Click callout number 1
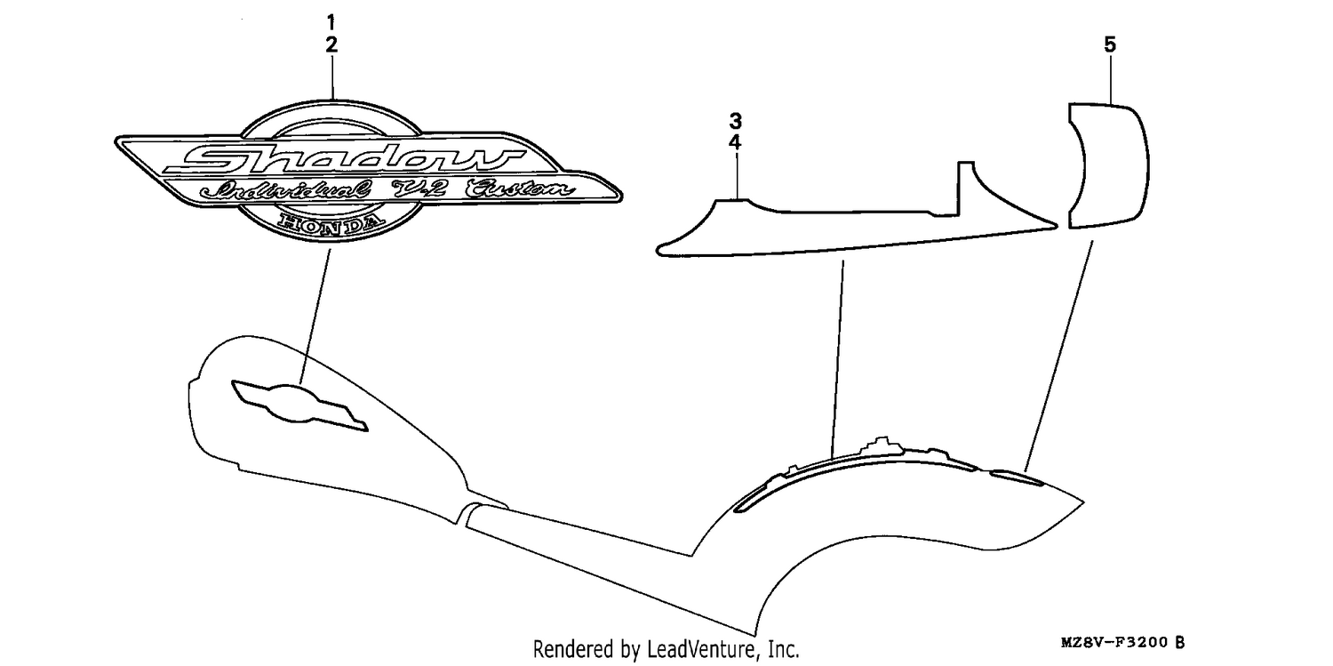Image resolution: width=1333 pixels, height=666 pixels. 331,22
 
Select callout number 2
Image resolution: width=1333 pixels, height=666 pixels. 331,44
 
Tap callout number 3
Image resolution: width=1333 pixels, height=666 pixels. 736,122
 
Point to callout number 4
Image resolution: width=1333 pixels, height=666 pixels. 736,143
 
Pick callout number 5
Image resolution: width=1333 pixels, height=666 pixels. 1110,44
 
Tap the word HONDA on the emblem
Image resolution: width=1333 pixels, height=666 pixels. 331,224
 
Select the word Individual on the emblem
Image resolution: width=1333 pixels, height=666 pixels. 285,189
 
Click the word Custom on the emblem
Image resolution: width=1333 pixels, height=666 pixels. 520,189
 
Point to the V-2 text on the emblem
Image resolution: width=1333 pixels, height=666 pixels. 419,189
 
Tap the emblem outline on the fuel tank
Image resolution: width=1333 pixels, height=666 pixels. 299,405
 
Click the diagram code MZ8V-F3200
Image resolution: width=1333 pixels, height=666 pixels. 1114,642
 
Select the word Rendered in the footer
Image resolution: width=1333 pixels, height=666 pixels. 573,649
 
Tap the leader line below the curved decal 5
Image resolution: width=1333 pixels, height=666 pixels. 1058,356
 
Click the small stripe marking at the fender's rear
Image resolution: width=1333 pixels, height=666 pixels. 1017,477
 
